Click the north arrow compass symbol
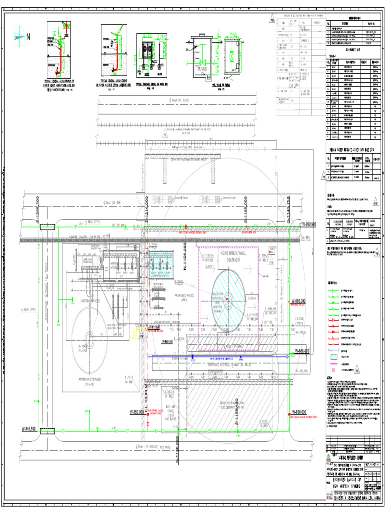pyautogui.click(x=19, y=36)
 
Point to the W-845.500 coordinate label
pyautogui.click(x=29, y=429)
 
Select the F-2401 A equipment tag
pyautogui.click(x=252, y=298)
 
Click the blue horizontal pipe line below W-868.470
pyautogui.click(x=221, y=356)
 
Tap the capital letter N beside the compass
pyautogui.click(x=28, y=36)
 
